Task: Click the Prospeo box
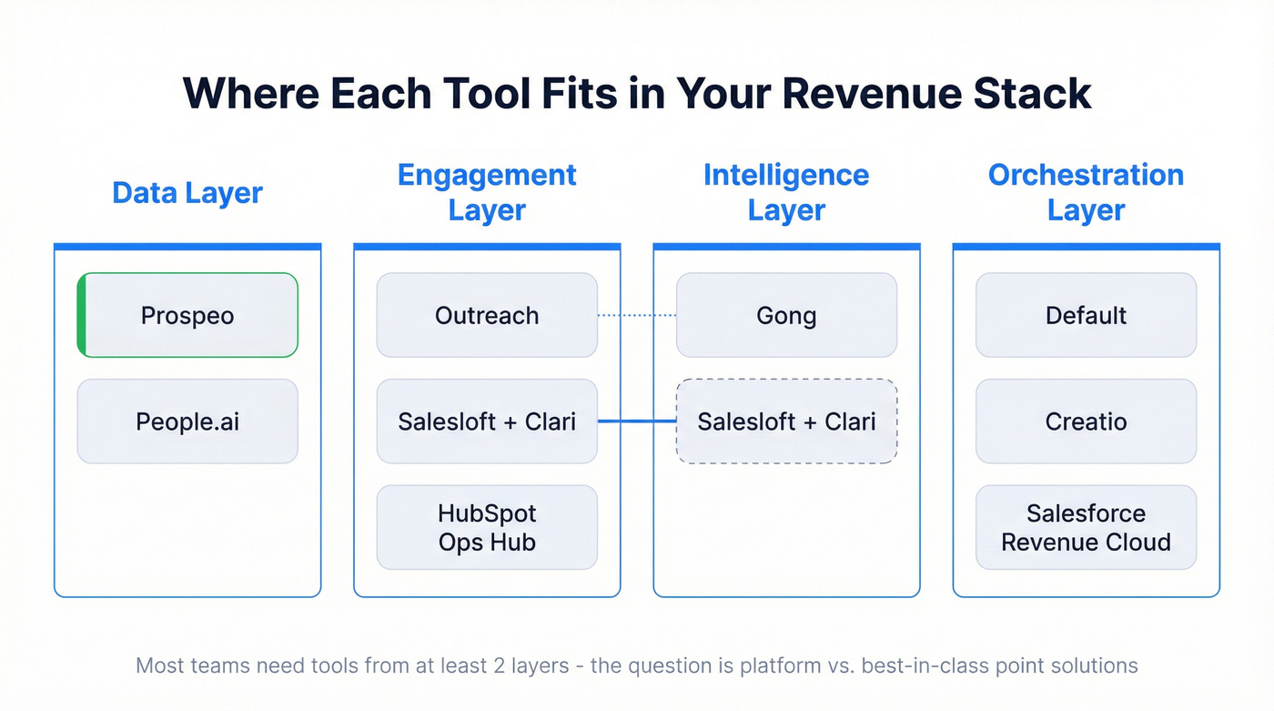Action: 187,316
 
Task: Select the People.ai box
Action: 187,422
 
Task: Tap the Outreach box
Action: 487,316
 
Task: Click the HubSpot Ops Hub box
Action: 487,527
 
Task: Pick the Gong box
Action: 786,316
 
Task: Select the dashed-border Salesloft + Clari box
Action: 786,422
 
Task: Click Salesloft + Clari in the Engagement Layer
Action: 487,422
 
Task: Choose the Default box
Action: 1086,316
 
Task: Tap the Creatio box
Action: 1086,422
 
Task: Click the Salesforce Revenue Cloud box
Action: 1086,527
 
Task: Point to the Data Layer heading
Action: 187,193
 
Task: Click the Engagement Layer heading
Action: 487,192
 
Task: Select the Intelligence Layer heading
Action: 786,192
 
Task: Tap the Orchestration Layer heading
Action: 1086,192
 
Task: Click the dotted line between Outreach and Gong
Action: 637,316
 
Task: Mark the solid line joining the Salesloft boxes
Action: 637,422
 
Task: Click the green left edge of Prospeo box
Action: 82,315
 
